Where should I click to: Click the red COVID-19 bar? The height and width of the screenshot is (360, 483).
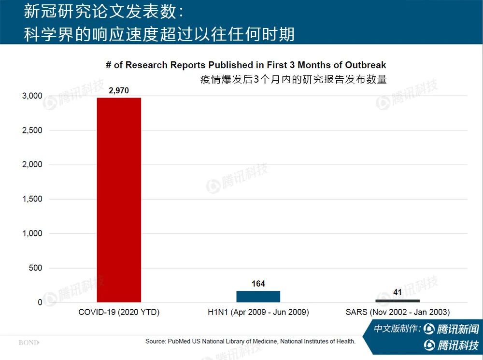[119, 200]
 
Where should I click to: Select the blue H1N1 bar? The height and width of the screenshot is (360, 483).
[258, 297]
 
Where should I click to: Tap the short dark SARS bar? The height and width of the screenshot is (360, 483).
[398, 301]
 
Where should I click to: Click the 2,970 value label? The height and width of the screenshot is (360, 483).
[119, 90]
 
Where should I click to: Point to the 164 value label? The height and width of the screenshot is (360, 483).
[258, 284]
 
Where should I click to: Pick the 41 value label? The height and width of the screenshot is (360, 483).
[398, 292]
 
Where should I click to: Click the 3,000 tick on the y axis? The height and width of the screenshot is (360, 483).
[32, 96]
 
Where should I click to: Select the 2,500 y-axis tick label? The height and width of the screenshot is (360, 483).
[32, 130]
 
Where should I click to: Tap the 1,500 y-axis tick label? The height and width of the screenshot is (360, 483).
[32, 199]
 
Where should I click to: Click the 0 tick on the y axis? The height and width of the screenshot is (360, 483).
[40, 302]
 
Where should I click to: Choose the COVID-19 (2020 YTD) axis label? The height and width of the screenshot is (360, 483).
[119, 312]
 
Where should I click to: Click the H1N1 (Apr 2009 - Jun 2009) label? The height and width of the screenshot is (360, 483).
[258, 312]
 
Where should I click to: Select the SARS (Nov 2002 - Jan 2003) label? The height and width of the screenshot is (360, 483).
[398, 312]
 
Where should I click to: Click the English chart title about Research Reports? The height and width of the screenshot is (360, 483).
[246, 65]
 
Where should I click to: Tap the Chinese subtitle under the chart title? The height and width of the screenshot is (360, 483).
[294, 79]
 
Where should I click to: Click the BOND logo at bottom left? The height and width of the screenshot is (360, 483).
[28, 343]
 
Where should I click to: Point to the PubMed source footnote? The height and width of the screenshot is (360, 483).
[250, 341]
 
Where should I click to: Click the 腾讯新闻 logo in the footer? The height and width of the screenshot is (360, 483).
[451, 329]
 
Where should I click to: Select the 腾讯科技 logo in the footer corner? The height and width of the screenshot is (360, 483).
[451, 346]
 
